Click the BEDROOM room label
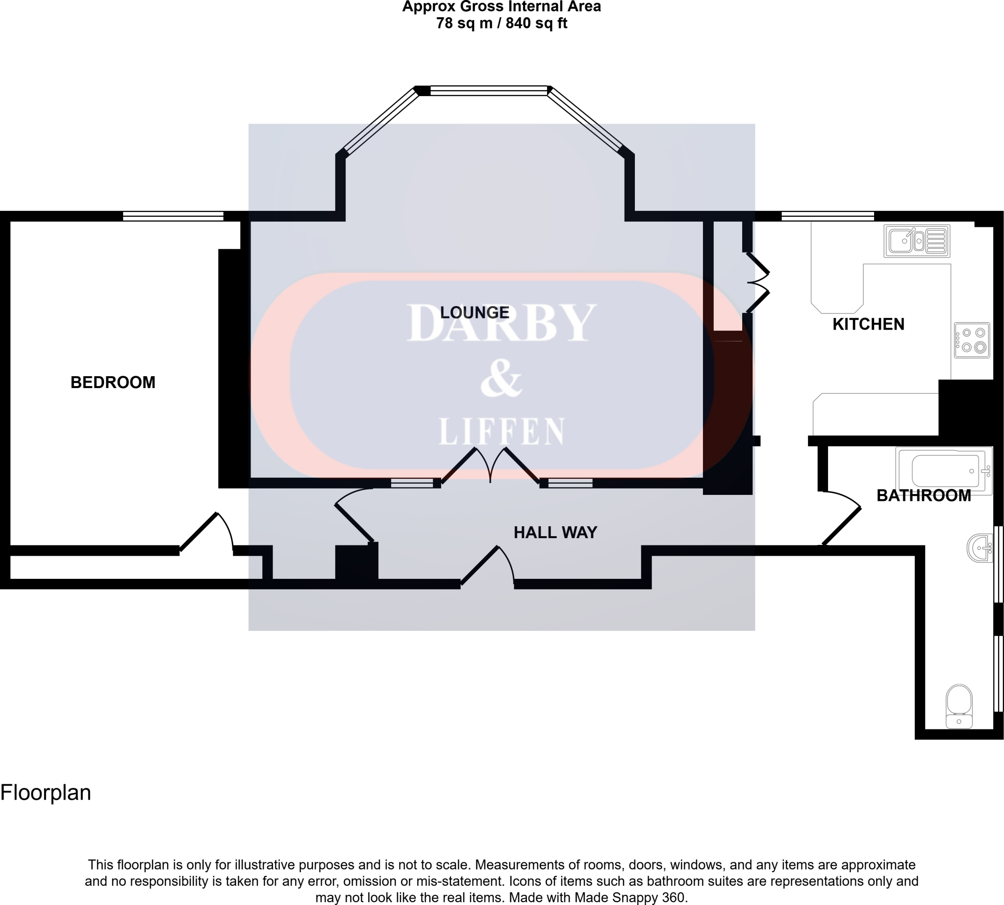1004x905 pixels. [x=113, y=383]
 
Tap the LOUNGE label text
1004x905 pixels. [x=475, y=312]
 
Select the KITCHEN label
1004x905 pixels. [x=868, y=324]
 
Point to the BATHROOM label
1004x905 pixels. [x=924, y=495]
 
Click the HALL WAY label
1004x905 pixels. [x=554, y=533]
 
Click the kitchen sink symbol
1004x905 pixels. [x=917, y=241]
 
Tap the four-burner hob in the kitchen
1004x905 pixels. [x=972, y=340]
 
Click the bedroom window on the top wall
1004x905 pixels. [x=173, y=216]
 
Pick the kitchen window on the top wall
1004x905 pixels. [x=828, y=216]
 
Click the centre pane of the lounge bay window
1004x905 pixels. [x=489, y=90]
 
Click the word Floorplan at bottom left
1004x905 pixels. [x=46, y=793]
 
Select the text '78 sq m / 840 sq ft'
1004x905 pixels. [x=502, y=23]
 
